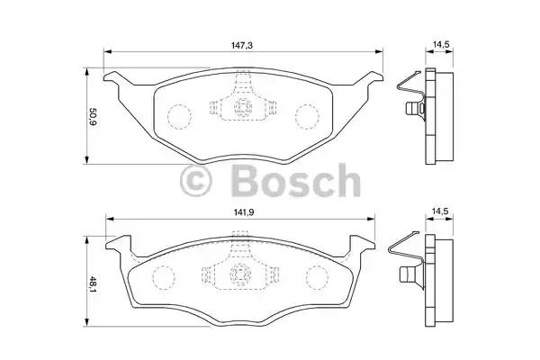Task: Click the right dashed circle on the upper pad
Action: click(308, 115)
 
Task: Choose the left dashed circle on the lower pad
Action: click(164, 277)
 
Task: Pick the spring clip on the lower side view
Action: click(405, 261)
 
